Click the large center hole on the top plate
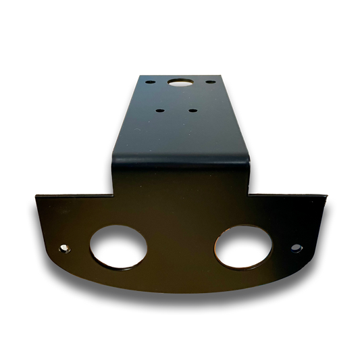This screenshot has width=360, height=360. [x=180, y=83]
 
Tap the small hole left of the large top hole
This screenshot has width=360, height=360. [x=149, y=82]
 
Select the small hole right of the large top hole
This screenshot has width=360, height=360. [x=211, y=82]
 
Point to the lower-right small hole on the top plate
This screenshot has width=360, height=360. [x=192, y=110]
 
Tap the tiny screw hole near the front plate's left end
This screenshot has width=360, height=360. [x=65, y=249]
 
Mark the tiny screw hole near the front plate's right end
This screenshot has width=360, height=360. [x=297, y=249]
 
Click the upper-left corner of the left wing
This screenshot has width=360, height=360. [x=34, y=195]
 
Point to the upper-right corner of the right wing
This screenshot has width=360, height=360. [x=329, y=195]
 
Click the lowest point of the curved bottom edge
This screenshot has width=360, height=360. [x=181, y=292]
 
